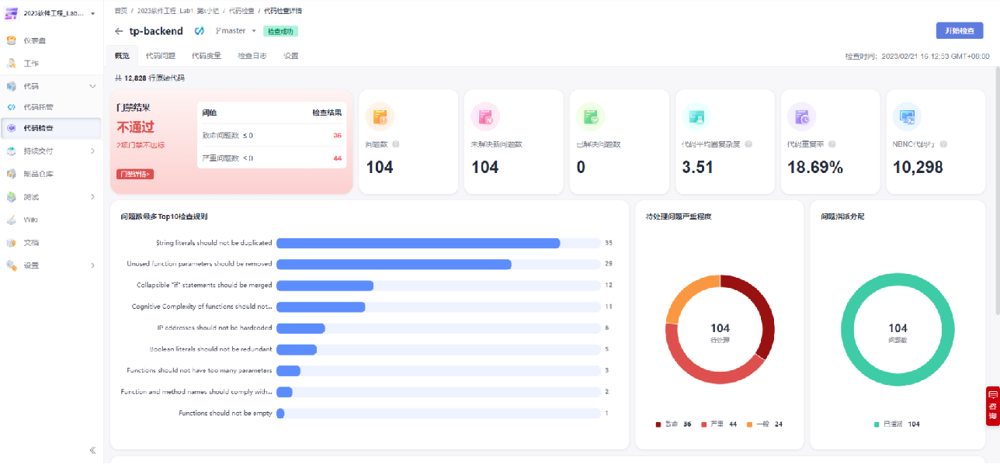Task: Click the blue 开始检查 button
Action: pyautogui.click(x=959, y=30)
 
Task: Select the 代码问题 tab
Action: pyautogui.click(x=161, y=56)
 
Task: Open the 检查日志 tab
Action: pyautogui.click(x=252, y=56)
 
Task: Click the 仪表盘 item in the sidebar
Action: pyautogui.click(x=35, y=40)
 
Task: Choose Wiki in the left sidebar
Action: pyautogui.click(x=31, y=220)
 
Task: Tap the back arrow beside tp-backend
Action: pyautogui.click(x=119, y=32)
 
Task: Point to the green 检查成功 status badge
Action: pyautogui.click(x=281, y=31)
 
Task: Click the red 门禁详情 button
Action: pyautogui.click(x=135, y=174)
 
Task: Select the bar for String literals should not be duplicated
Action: pyautogui.click(x=418, y=243)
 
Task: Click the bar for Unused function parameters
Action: pyautogui.click(x=394, y=264)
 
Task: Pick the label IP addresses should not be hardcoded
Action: pyautogui.click(x=214, y=328)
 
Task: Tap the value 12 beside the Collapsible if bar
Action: pyautogui.click(x=609, y=286)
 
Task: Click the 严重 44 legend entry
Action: pyautogui.click(x=719, y=424)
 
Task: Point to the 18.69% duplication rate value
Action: pyautogui.click(x=814, y=167)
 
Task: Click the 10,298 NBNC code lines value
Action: pyautogui.click(x=918, y=167)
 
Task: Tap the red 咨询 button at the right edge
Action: pyautogui.click(x=992, y=407)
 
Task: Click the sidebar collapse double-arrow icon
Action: pyautogui.click(x=92, y=450)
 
